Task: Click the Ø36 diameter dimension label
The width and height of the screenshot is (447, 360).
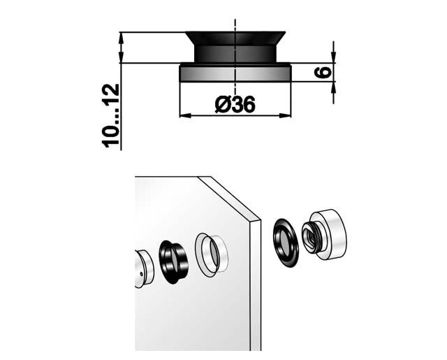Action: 235,104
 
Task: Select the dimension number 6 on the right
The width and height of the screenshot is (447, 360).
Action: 323,72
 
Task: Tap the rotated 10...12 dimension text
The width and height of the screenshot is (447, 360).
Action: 110,116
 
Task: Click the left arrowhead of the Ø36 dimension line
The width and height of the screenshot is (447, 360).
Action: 185,115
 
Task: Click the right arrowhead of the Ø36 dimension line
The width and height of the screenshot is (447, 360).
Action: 285,115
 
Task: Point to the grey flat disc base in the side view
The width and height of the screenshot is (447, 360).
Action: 235,74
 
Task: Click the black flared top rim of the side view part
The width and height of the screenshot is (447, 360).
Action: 235,38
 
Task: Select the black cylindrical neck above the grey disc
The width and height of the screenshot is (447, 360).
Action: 235,54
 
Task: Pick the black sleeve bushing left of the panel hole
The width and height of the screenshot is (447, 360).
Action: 173,262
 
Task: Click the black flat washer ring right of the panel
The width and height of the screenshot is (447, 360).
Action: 286,243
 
